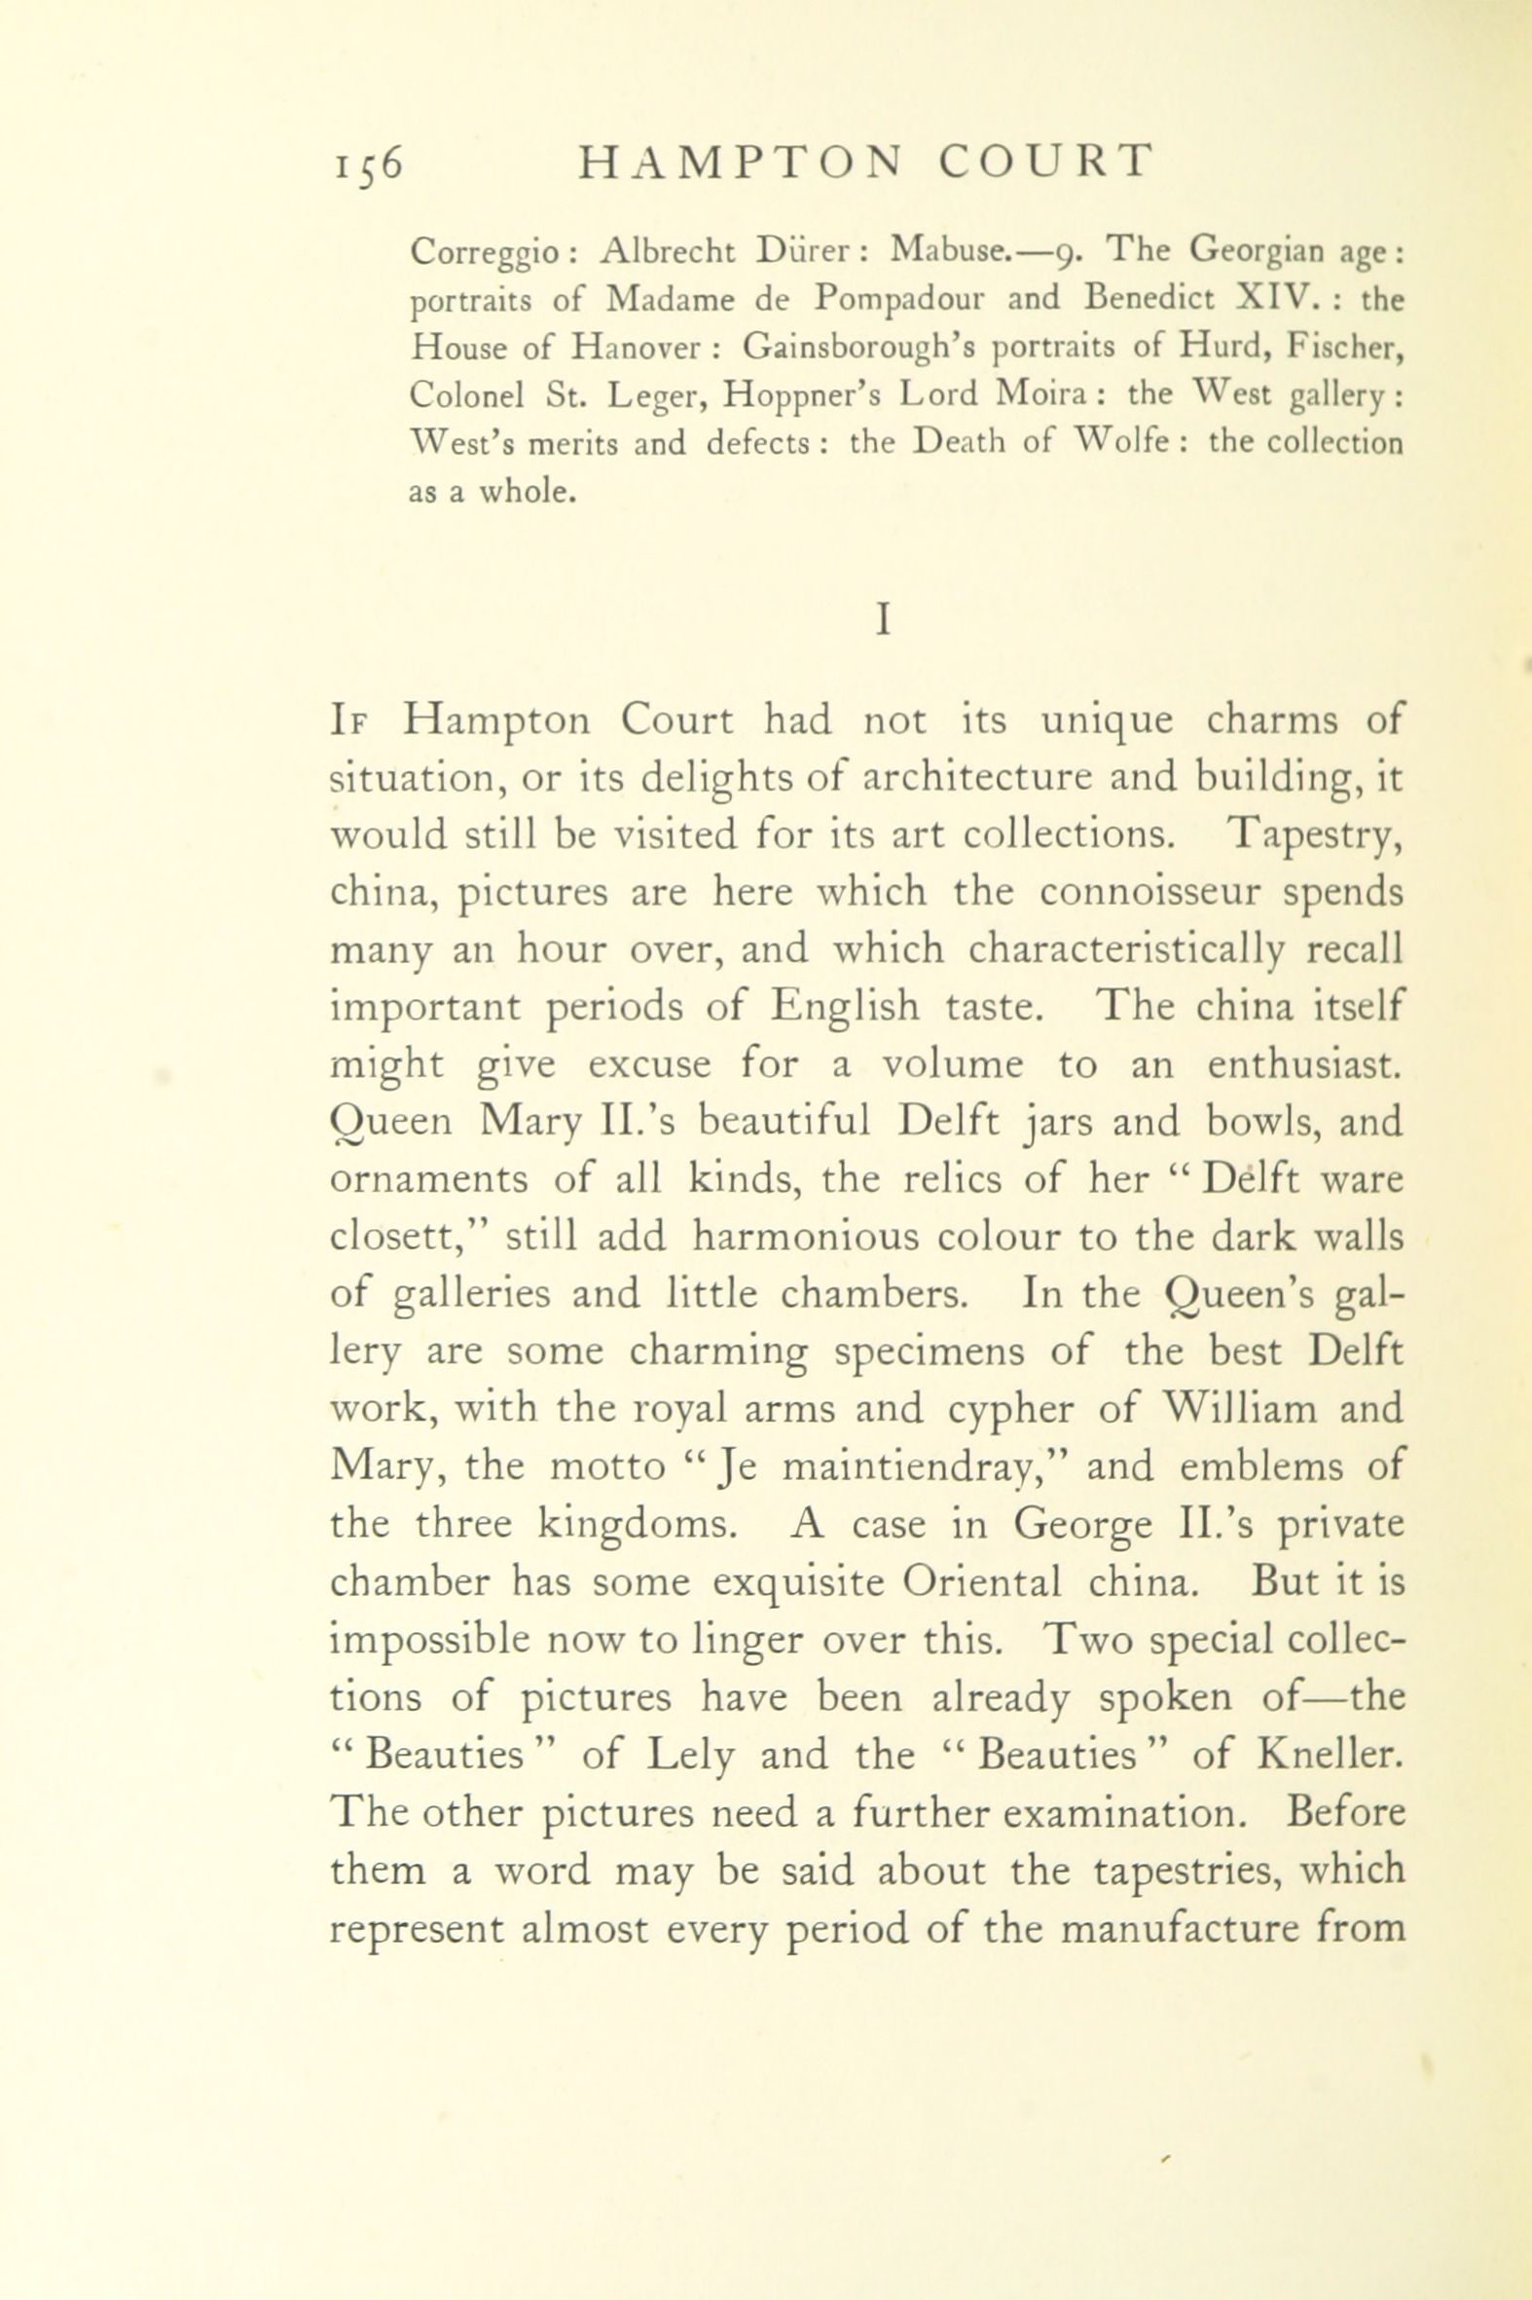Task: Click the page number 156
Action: (x=366, y=163)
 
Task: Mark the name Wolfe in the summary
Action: (x=1128, y=443)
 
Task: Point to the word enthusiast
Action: (x=1304, y=1066)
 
